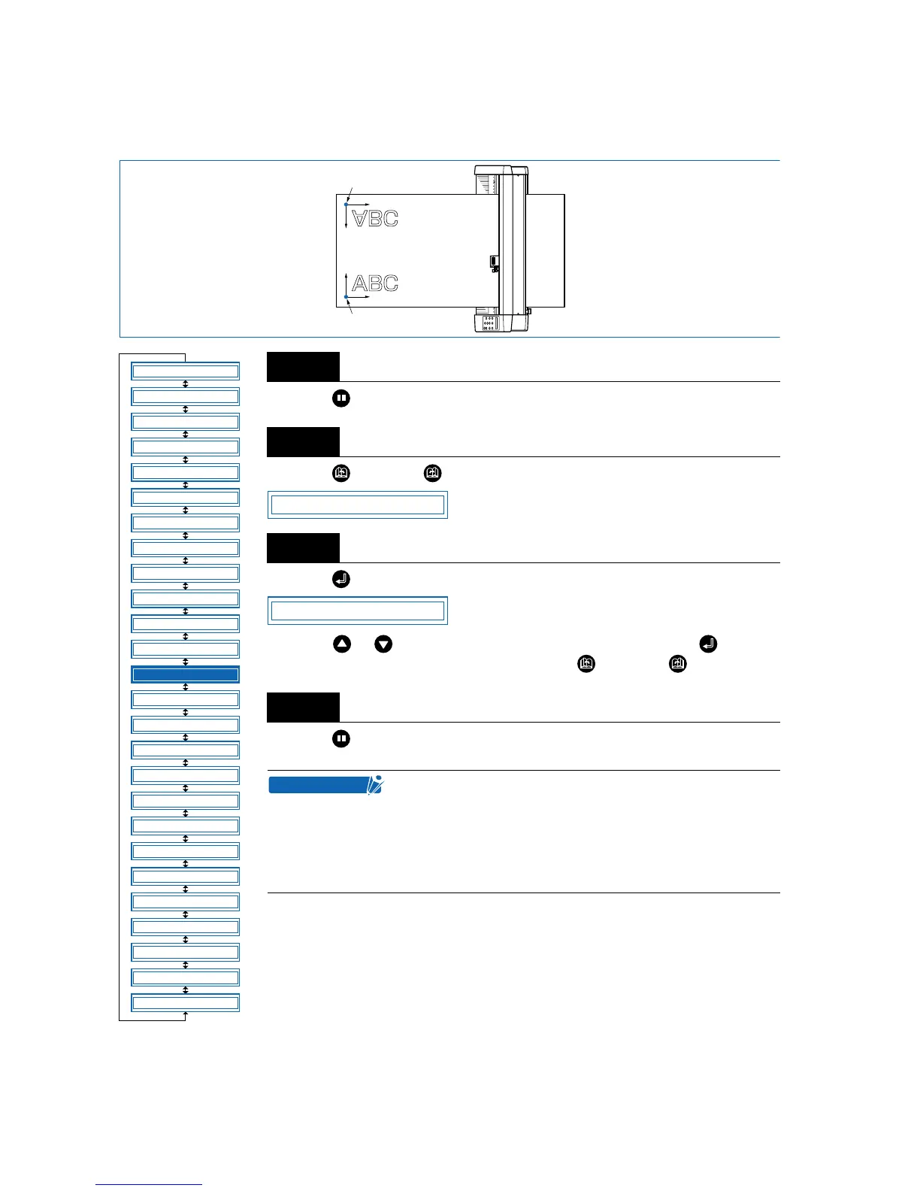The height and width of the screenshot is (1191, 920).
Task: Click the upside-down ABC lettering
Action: [375, 218]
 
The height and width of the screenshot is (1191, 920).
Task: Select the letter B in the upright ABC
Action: [375, 283]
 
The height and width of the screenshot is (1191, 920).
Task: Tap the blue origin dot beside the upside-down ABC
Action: [346, 204]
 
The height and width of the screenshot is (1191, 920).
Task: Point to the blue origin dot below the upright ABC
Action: [346, 297]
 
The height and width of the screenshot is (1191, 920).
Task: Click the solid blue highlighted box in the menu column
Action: [185, 674]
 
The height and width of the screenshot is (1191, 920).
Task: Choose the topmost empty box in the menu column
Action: [185, 371]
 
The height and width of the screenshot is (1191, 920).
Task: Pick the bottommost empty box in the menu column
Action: [185, 1003]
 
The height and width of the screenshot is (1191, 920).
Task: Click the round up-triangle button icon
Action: [342, 644]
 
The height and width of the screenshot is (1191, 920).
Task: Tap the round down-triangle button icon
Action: [383, 644]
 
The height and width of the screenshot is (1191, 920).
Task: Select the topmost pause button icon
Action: [341, 399]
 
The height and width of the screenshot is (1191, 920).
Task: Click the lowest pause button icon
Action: [341, 739]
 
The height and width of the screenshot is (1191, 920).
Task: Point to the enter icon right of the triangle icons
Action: [708, 644]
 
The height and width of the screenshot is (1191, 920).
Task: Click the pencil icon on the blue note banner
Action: [375, 785]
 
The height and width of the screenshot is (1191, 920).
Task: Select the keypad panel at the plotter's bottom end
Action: [489, 323]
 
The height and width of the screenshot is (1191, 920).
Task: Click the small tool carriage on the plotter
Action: [494, 263]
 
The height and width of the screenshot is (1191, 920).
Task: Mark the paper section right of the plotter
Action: [546, 250]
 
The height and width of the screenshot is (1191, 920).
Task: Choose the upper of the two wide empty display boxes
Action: [358, 505]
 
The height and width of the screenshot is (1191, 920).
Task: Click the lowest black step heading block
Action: [303, 708]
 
